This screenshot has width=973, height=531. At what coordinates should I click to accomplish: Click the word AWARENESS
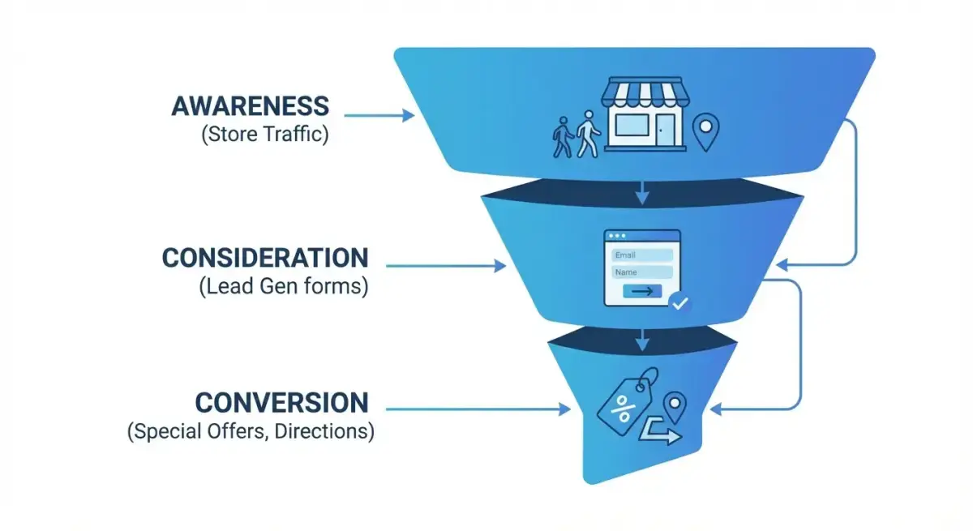[x=251, y=106]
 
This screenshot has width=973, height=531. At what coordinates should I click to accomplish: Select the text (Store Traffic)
[x=265, y=134]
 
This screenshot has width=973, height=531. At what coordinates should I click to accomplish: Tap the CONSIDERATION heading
[x=265, y=258]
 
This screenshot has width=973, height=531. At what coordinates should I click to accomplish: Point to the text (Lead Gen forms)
[x=283, y=286]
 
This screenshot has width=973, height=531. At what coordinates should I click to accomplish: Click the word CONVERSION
[x=281, y=403]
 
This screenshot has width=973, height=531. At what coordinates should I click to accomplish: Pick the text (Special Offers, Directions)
[x=251, y=431]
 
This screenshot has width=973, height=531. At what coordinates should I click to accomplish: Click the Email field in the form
[x=642, y=255]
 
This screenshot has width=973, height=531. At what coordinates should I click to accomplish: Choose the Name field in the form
[x=642, y=272]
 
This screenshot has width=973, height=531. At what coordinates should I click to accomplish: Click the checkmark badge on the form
[x=679, y=303]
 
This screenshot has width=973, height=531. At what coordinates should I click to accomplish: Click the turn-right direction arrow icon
[x=660, y=433]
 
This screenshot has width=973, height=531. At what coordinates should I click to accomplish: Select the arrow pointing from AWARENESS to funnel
[x=381, y=116]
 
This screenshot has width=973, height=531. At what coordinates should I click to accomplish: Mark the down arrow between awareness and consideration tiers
[x=642, y=192]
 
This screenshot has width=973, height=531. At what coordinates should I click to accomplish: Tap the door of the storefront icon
[x=666, y=129]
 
